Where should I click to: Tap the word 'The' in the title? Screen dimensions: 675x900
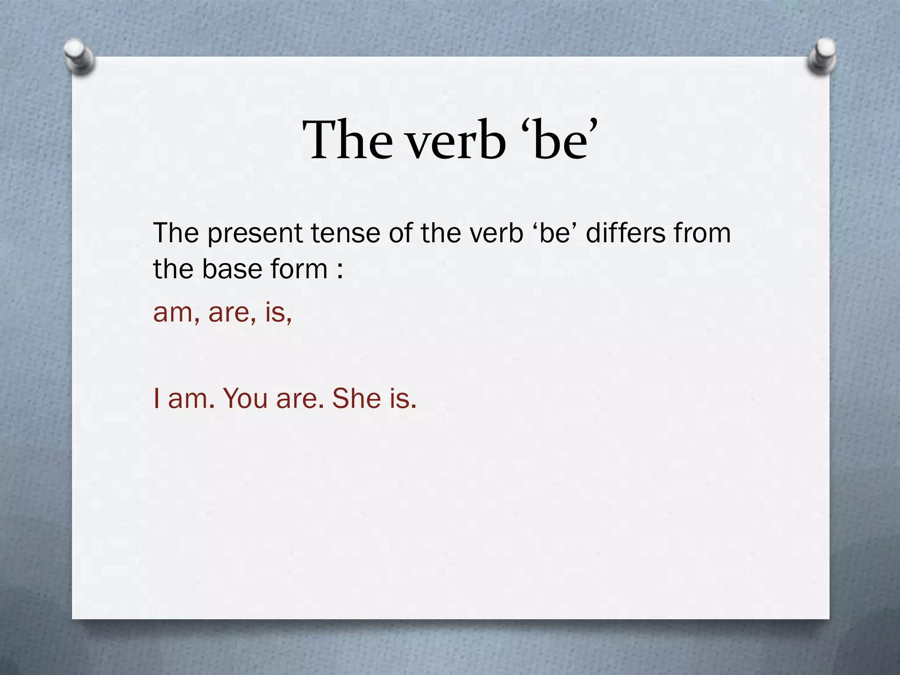pos(347,140)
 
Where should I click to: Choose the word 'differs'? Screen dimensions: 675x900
pos(626,233)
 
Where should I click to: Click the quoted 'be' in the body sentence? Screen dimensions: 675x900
pos(555,233)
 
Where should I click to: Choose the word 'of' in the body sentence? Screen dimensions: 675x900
pos(400,233)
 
